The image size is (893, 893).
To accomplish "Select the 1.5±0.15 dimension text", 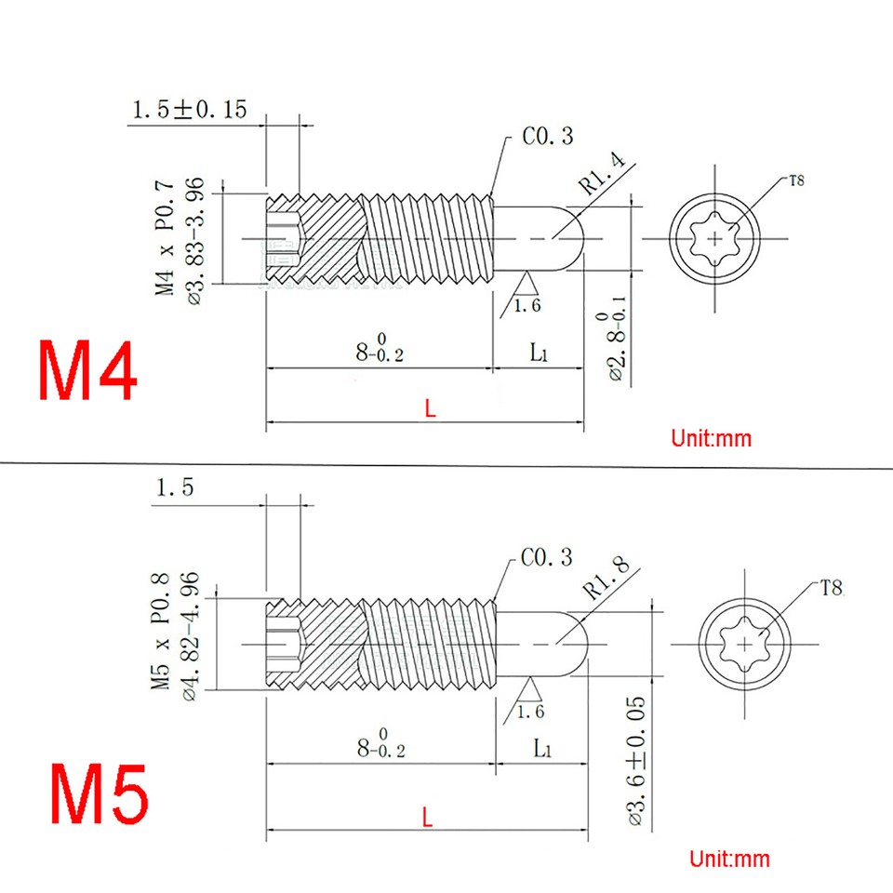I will point(190,111).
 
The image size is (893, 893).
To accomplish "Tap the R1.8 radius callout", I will point(606,578).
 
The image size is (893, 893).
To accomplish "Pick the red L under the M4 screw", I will point(429,408).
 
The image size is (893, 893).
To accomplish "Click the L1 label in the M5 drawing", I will point(543,747).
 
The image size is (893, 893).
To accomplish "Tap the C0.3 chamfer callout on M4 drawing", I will point(547,137).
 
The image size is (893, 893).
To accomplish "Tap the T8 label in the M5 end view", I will point(831,587).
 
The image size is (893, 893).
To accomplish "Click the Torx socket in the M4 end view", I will point(714,238).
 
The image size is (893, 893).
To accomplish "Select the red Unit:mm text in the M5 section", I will point(729,858).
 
